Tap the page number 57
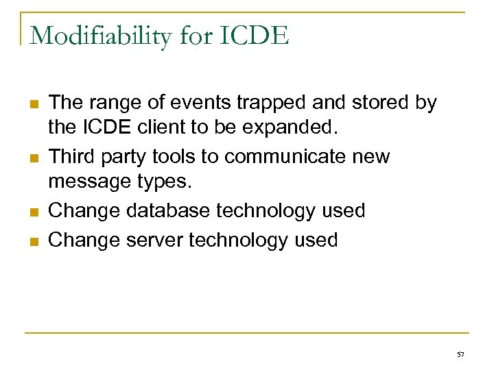point(460,354)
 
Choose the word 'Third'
point(73,157)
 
